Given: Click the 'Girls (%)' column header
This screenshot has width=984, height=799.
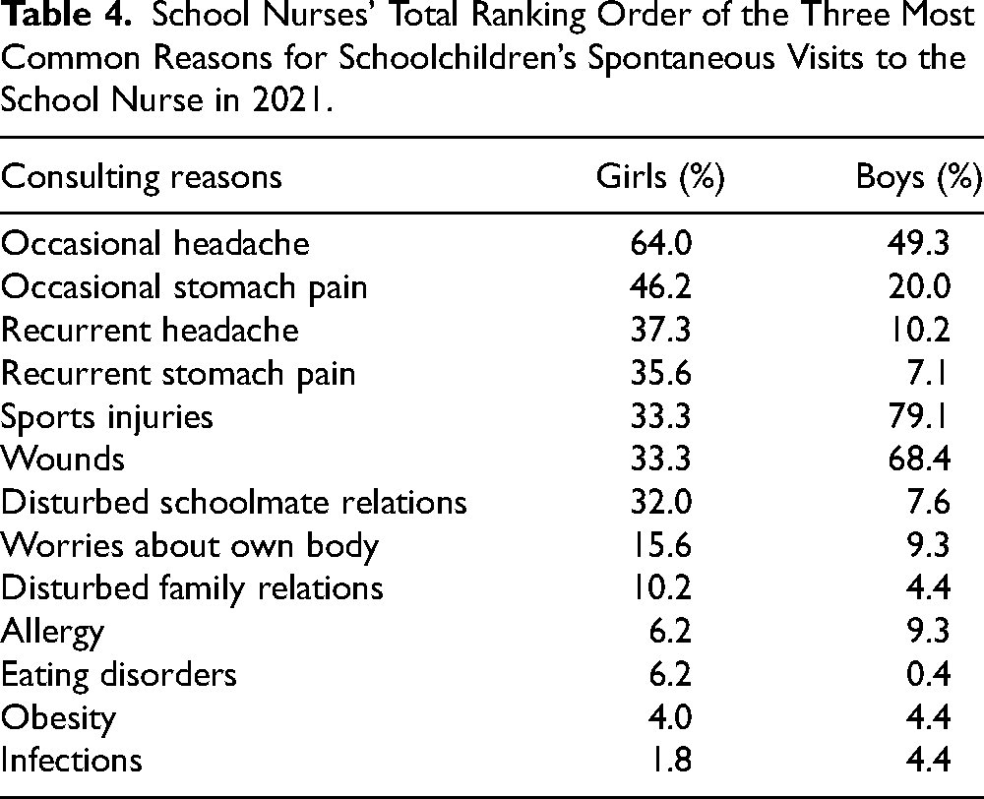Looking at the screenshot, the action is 660,178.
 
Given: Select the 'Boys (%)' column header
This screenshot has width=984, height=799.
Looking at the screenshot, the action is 919,178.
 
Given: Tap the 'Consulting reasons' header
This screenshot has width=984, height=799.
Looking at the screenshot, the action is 141,178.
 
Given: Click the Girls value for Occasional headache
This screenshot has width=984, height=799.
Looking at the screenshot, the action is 661,243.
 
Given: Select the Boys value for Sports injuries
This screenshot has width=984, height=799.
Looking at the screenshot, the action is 918,417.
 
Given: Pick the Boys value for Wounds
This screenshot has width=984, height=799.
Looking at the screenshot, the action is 919,460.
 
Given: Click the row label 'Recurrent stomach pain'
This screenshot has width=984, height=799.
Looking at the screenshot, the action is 178,375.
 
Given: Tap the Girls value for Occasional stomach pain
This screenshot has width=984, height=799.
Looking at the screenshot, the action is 661,287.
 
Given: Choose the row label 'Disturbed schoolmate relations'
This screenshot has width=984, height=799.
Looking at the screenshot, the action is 233,503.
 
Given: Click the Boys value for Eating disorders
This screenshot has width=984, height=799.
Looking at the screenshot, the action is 928,675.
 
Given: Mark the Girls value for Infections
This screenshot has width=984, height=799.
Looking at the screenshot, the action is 670,760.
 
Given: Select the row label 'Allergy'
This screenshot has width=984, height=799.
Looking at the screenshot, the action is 52,633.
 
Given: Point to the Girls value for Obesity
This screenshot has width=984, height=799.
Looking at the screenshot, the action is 669,717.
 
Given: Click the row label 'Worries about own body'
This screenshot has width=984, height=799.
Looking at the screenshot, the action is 190,546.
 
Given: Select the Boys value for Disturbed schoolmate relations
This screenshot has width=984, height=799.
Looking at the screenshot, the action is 928,503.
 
